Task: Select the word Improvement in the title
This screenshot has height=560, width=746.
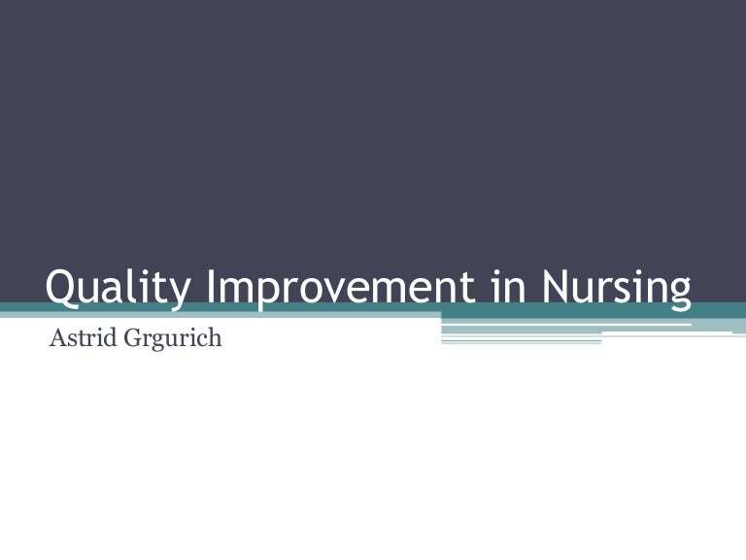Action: point(333,289)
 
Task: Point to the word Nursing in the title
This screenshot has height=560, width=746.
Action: point(616,289)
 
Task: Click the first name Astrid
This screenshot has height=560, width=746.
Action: point(81,340)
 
